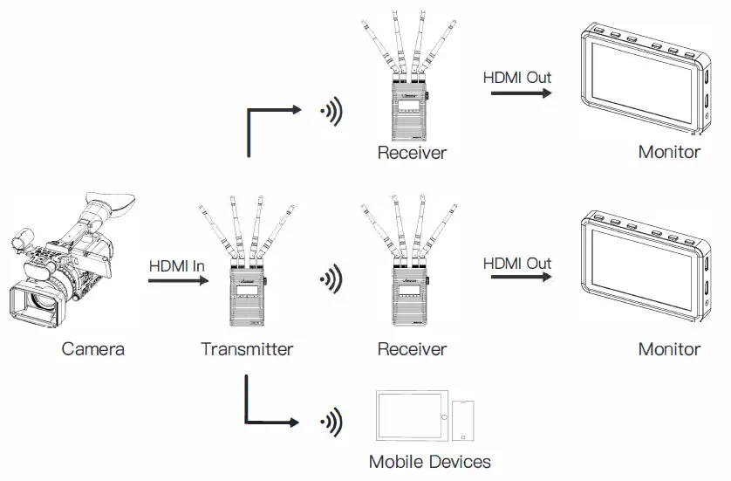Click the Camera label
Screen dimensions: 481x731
point(92,350)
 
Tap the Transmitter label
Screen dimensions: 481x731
point(247,350)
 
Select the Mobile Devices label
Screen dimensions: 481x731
point(429,462)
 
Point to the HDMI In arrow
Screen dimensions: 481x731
point(180,281)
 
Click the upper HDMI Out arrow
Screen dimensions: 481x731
point(521,92)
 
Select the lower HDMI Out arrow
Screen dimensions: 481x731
point(521,278)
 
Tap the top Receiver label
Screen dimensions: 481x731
point(412,154)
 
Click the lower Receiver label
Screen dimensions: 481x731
point(412,350)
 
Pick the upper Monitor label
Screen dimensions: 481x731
point(669,152)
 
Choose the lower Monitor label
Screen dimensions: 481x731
point(669,350)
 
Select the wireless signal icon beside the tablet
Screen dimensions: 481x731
point(331,423)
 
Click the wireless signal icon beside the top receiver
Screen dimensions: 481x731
point(331,111)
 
